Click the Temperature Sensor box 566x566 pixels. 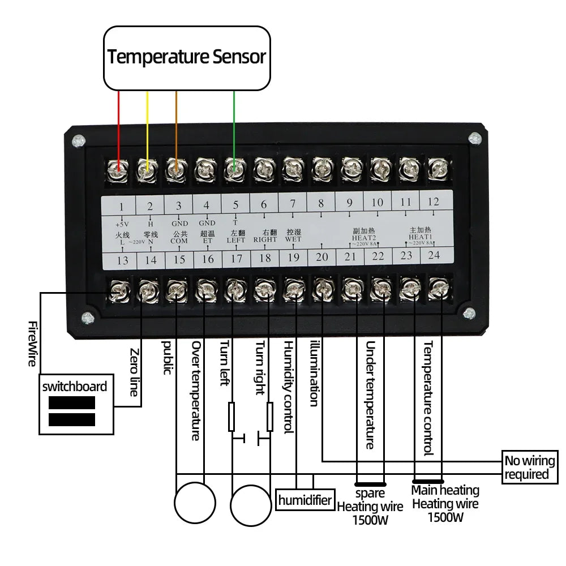click(187, 57)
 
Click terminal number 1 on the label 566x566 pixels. click(123, 205)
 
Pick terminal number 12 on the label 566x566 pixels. click(433, 201)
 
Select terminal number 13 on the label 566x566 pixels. click(123, 260)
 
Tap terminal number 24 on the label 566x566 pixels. click(434, 255)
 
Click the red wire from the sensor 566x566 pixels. click(118, 125)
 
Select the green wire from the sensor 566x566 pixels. click(234, 125)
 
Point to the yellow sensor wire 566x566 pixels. click(147, 125)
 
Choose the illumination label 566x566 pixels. click(315, 374)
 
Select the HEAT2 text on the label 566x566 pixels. click(364, 238)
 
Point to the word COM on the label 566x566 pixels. click(179, 241)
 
